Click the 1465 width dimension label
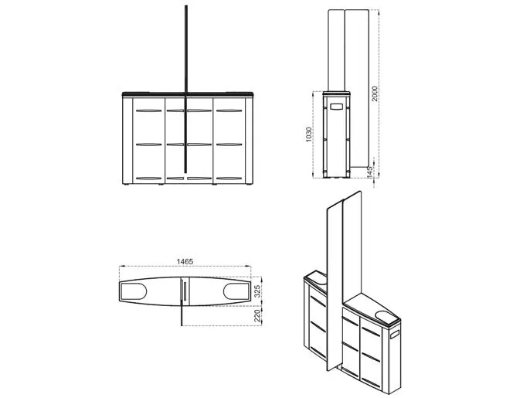pos(185,261)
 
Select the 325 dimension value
pos(257,291)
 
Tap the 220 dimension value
pos(257,315)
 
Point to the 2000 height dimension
pos(374,94)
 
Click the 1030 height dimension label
pos(308,134)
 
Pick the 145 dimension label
pos(369,172)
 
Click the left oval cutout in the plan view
pos(133,291)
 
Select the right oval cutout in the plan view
pos(236,291)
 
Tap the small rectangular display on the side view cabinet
pos(337,107)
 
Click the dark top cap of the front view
pos(188,94)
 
